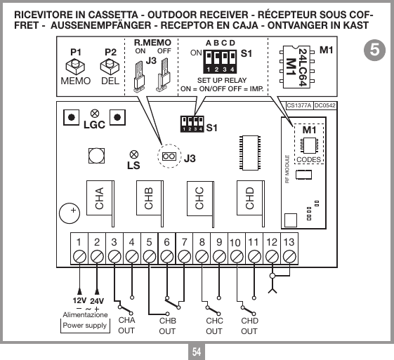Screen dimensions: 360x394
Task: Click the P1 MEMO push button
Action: (x=72, y=67)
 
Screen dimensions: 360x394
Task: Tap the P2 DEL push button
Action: (x=109, y=67)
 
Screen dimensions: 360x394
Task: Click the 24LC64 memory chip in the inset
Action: (x=296, y=67)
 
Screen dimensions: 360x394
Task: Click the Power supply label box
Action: (x=85, y=326)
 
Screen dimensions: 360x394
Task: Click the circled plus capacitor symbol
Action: (x=72, y=210)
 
